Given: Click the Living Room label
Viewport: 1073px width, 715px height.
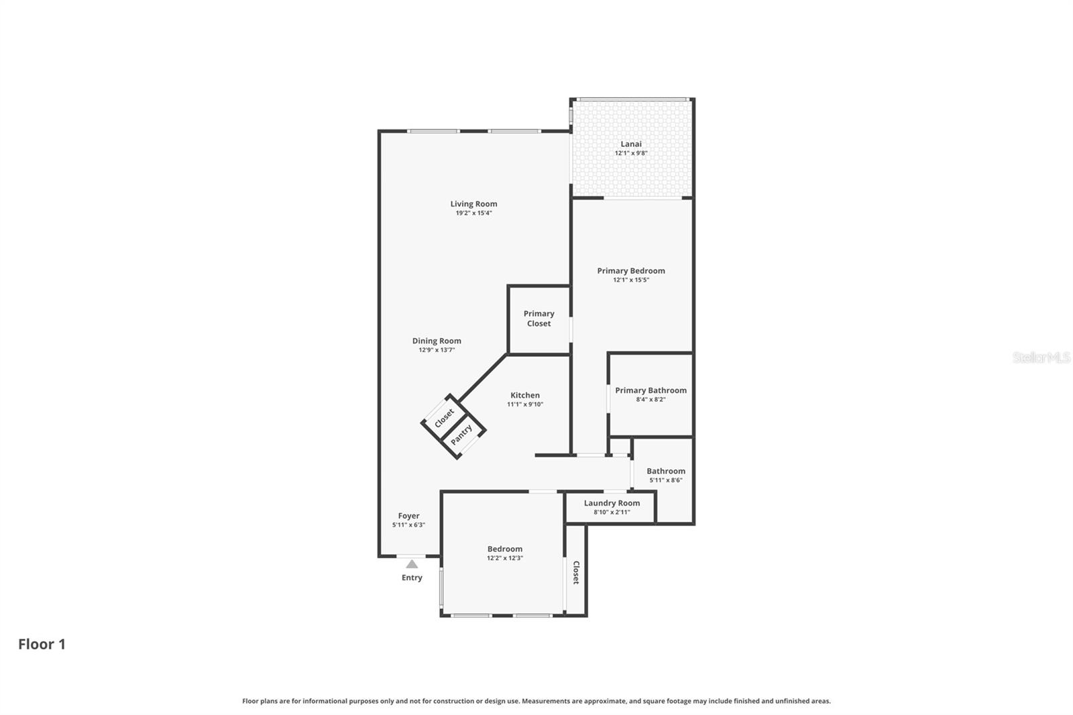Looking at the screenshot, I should [473, 204].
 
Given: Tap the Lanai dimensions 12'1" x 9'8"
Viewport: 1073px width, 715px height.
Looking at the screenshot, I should [630, 153].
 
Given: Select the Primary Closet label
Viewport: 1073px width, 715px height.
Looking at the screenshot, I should [539, 319].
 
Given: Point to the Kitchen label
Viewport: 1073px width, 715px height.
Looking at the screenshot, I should [524, 395].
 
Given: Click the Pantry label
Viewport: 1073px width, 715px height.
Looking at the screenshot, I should [461, 435].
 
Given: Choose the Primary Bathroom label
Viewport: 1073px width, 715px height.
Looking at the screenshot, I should [651, 390].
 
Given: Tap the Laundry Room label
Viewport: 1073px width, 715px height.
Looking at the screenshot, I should [612, 503].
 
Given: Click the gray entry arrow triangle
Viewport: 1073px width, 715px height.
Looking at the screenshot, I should [412, 564].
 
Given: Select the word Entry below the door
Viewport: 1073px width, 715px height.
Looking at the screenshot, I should [412, 577].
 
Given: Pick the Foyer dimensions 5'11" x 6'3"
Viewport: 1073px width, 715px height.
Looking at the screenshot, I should [408, 525].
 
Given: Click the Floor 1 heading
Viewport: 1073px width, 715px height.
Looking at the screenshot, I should [42, 644].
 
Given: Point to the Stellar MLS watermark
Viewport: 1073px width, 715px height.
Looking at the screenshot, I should [1041, 357].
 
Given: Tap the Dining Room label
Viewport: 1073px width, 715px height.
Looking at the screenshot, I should [437, 341].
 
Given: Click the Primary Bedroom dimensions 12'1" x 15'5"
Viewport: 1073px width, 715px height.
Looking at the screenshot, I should [630, 280].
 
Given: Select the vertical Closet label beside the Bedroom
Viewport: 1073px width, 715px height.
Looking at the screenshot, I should [576, 572].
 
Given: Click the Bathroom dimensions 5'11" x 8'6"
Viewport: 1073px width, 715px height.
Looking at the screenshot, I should [665, 480].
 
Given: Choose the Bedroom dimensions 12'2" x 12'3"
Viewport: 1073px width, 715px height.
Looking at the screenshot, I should [504, 558].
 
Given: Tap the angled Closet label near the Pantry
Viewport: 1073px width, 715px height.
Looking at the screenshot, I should [444, 418].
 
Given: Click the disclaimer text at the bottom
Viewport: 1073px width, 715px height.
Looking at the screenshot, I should [536, 701].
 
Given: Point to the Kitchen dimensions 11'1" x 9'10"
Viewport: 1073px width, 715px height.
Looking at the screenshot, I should [524, 404].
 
